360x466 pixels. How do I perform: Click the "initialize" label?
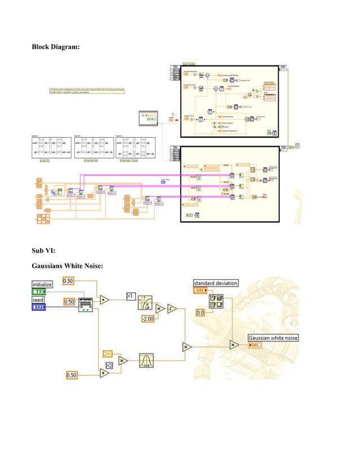42,284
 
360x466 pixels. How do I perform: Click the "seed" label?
38,300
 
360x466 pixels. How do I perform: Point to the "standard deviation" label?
216,283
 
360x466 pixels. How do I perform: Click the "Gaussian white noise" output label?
274,337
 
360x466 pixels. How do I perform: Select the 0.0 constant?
200,312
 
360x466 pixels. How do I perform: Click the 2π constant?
108,353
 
